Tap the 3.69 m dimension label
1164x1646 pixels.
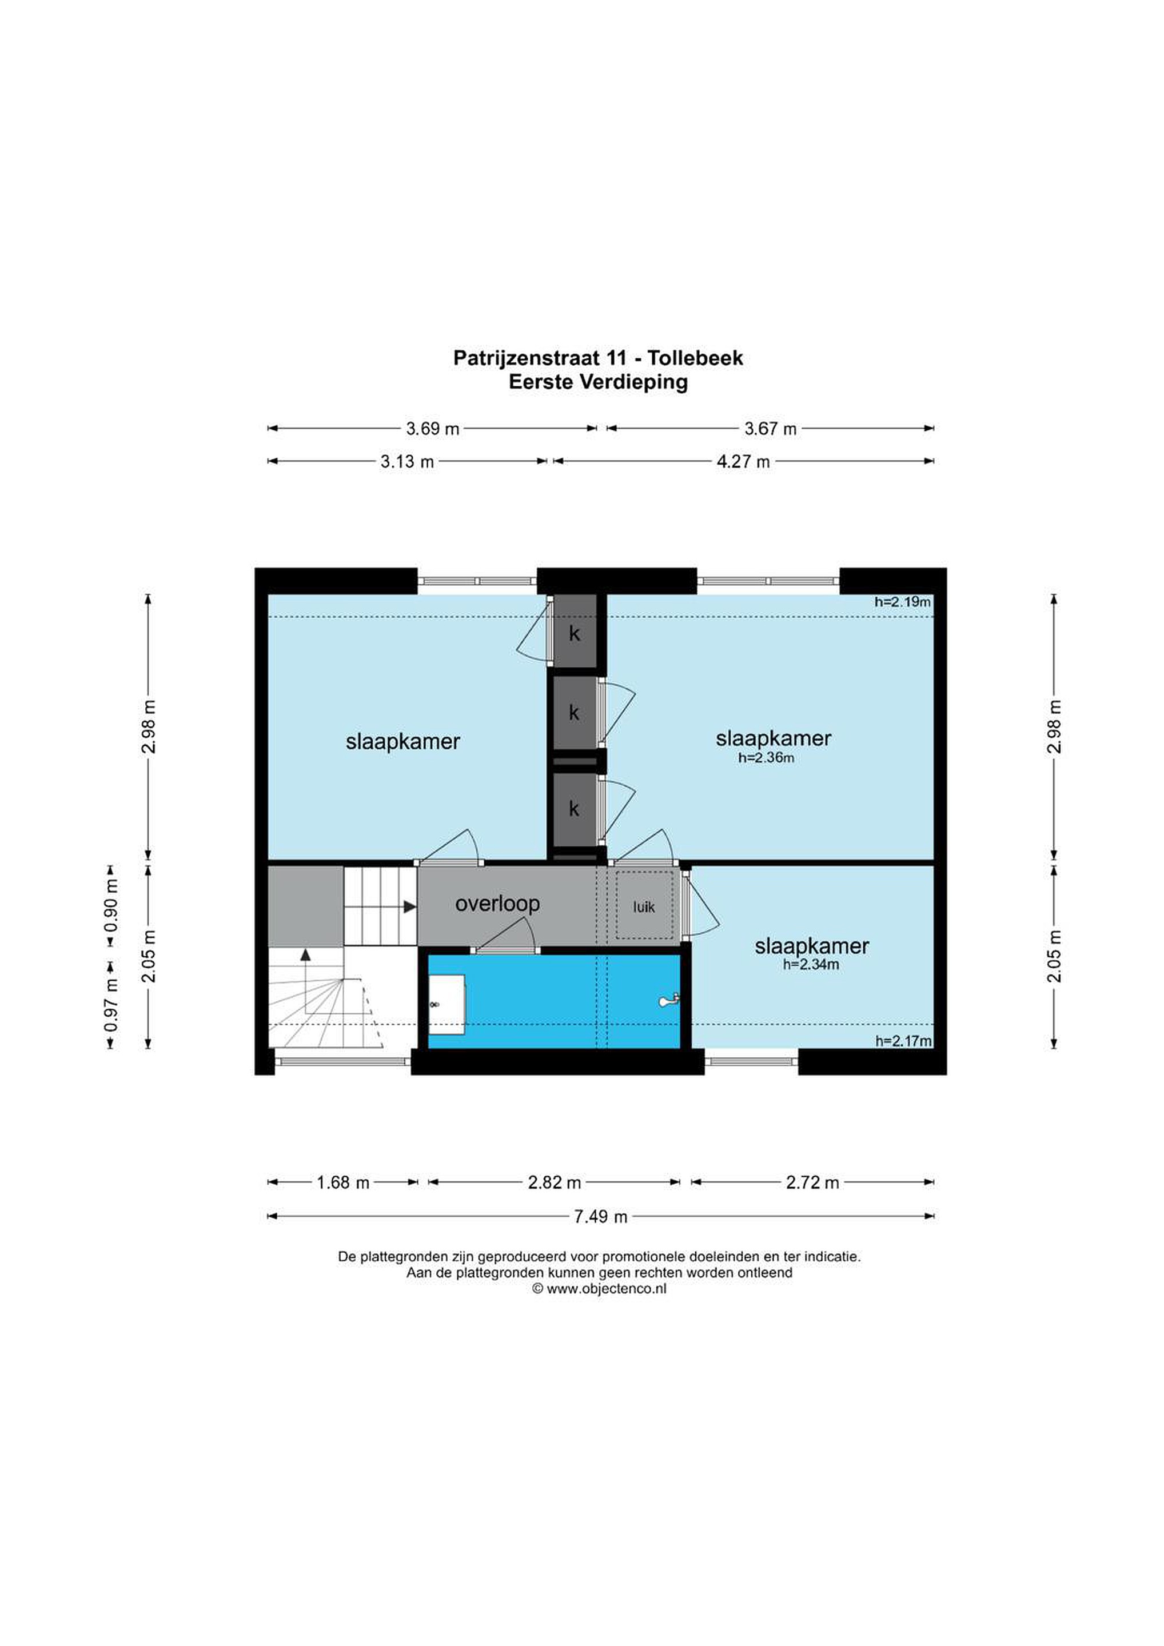pos(432,429)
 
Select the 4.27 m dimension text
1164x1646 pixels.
pos(743,462)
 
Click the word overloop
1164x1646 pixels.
pos(497,903)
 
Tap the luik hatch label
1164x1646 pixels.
pos(644,907)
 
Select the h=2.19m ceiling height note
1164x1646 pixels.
pos(902,602)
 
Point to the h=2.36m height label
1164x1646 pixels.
pos(766,758)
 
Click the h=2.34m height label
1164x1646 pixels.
pos(811,965)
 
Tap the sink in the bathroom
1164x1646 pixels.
pos(446,1004)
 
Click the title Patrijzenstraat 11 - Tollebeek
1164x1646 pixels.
pos(598,358)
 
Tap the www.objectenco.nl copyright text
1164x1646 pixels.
pos(599,1288)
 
